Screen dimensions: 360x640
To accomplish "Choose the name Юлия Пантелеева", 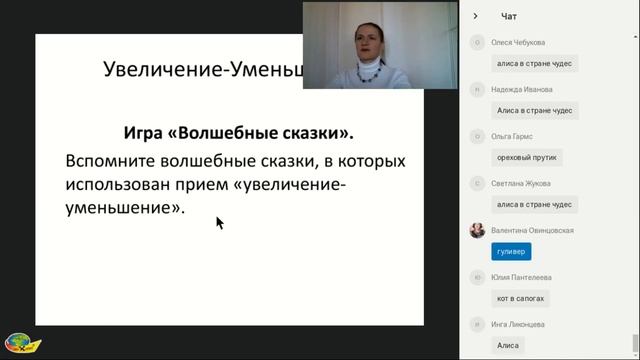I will [522, 277].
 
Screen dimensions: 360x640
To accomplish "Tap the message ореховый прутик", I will [528, 158].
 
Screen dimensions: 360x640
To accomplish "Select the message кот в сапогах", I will [522, 299].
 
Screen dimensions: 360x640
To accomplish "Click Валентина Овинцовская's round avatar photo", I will [478, 230].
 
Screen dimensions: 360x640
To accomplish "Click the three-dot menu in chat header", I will [626, 16].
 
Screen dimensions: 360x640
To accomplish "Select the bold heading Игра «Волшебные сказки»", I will [227, 133].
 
